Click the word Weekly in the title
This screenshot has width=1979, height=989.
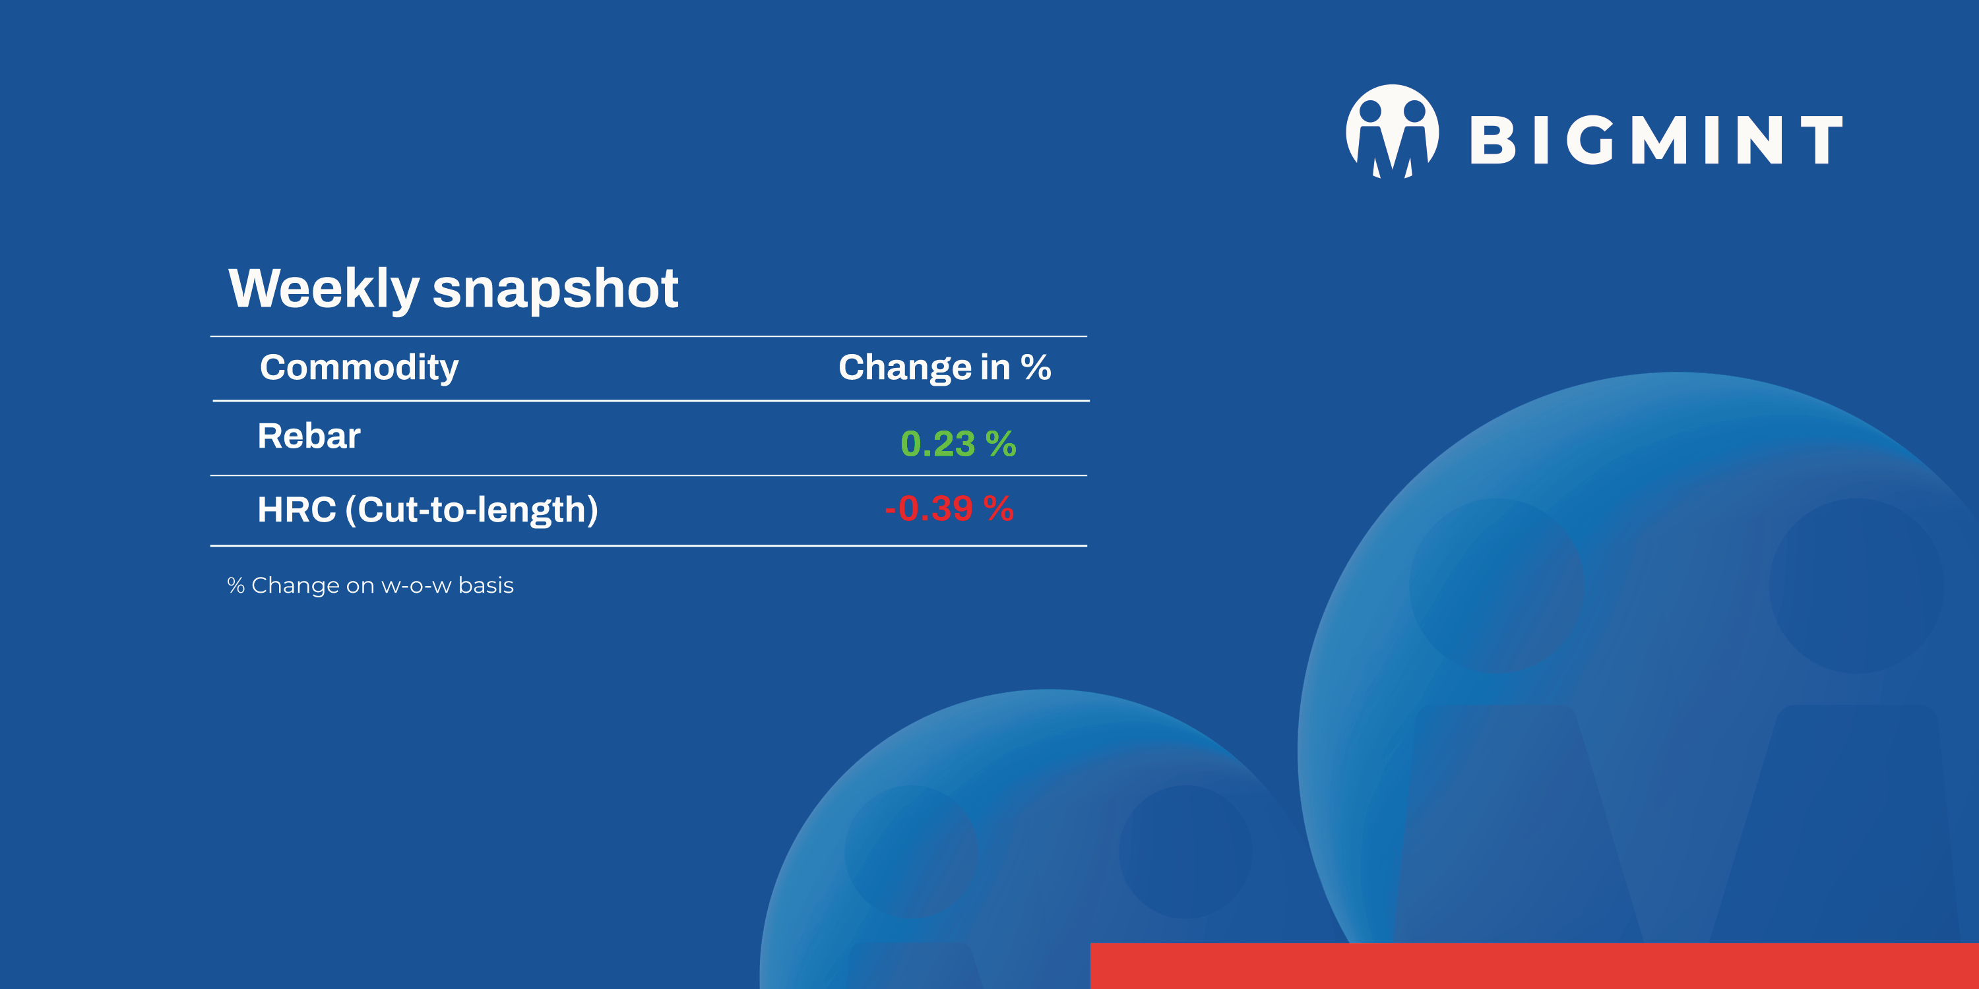323,289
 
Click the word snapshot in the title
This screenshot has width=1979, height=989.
555,288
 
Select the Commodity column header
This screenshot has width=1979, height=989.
359,368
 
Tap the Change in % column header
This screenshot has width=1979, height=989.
944,368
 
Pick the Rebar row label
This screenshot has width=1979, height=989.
309,436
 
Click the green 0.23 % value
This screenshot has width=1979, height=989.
958,444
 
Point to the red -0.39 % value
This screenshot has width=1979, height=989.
949,508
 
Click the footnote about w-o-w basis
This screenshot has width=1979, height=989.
370,585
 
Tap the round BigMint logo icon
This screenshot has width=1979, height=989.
1392,131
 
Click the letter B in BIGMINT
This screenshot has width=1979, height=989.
1492,140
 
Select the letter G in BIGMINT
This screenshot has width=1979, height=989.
1590,140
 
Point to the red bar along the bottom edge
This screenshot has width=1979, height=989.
1534,966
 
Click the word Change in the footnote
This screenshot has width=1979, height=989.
295,585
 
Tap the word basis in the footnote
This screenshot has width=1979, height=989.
486,585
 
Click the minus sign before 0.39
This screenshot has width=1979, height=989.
891,509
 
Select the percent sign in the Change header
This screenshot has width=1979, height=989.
1036,367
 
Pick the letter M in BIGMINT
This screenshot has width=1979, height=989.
1658,140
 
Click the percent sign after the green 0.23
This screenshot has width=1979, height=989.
1001,444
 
